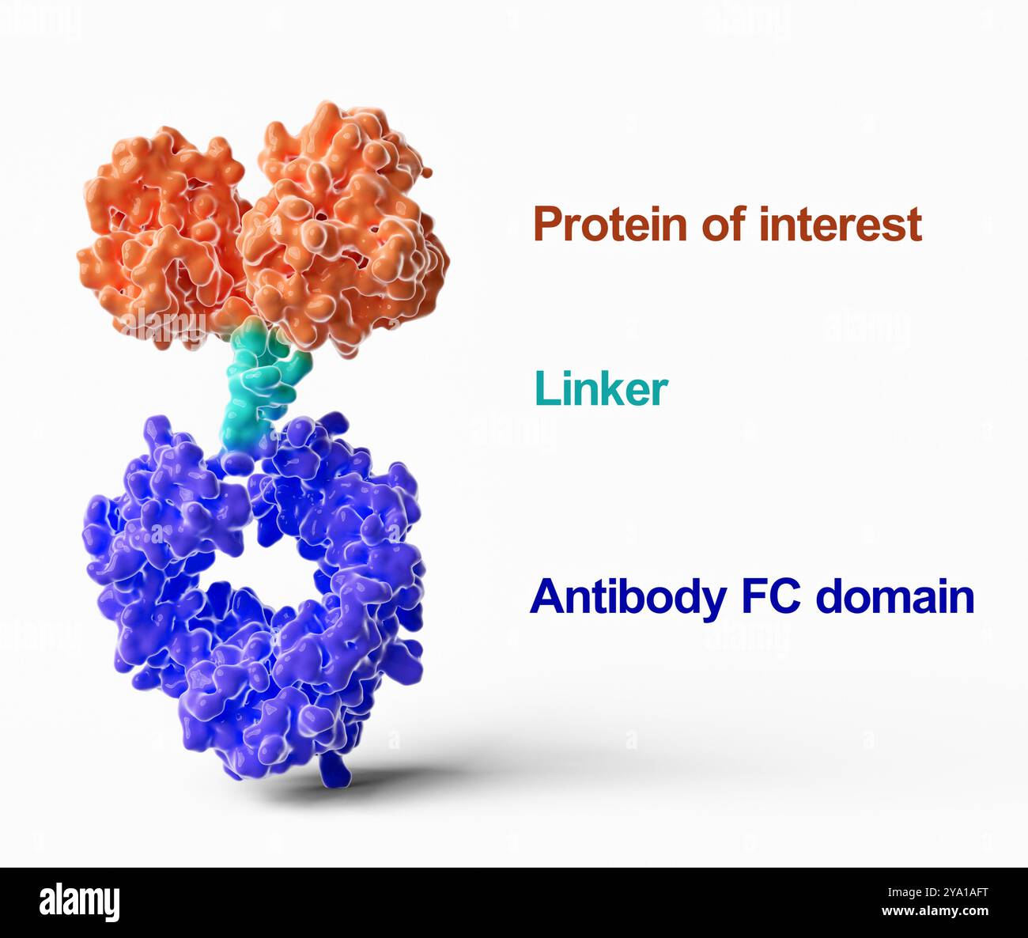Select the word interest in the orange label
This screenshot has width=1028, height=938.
coord(840,225)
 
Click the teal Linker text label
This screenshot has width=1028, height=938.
coord(601,389)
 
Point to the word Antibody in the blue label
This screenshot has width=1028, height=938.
coord(627,597)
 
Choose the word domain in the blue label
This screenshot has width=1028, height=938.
coord(894,597)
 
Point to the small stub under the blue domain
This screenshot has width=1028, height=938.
coord(331,771)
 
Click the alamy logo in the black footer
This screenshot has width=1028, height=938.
coord(79,902)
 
